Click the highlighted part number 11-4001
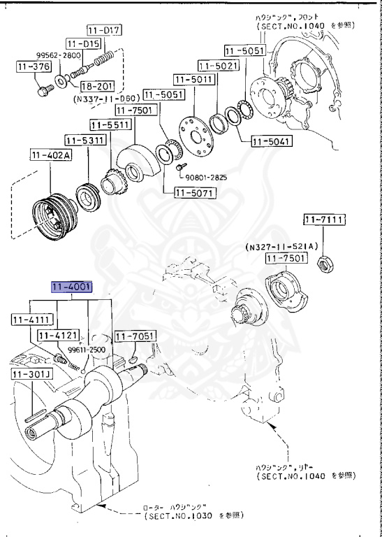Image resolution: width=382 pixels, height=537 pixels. (70, 287)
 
